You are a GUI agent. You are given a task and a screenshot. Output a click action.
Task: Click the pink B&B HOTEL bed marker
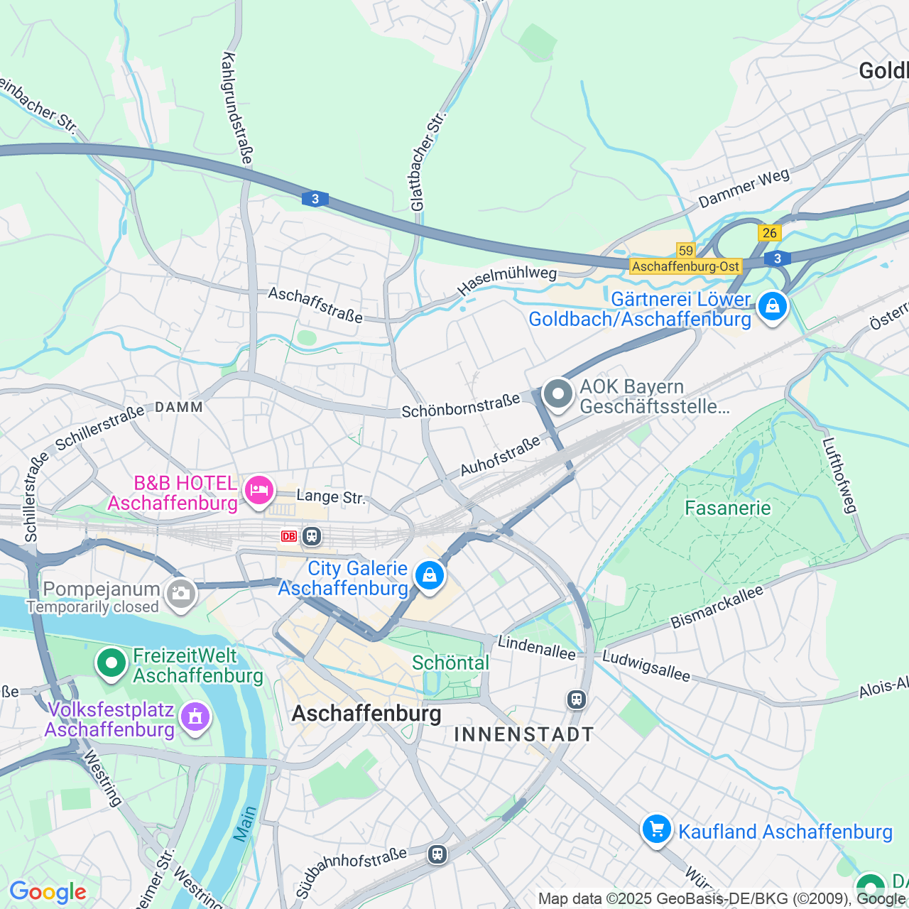click(x=259, y=490)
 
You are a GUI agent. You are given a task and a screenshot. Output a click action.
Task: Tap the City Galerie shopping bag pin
click(x=429, y=575)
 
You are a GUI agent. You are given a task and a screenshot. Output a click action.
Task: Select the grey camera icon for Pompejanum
click(x=180, y=594)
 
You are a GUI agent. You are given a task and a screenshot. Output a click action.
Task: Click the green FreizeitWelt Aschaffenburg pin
click(x=111, y=663)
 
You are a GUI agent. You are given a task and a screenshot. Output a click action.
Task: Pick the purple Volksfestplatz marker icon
click(x=195, y=717)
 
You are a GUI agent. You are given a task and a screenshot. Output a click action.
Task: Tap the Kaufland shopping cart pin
click(x=656, y=829)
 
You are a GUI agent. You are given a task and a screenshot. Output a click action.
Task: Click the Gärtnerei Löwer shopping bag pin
click(x=772, y=307)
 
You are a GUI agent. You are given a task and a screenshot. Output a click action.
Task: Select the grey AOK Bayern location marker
click(x=558, y=394)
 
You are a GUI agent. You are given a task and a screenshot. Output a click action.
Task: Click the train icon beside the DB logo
click(x=312, y=536)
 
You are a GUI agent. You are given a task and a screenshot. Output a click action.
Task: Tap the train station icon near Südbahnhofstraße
click(x=437, y=854)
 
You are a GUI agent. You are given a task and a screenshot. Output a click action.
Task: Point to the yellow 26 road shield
click(x=769, y=233)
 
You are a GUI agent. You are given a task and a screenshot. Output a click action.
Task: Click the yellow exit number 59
click(x=685, y=250)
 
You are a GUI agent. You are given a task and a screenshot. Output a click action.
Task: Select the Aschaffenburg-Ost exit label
click(x=685, y=266)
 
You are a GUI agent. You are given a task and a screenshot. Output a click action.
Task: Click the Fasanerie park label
click(x=727, y=508)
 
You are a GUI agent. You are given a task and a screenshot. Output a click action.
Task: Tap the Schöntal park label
click(x=450, y=663)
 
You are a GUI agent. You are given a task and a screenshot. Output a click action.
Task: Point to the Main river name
click(x=245, y=824)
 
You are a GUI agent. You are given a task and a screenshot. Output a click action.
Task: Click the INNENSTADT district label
click(x=523, y=734)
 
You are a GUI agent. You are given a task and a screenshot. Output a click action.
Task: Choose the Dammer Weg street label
click(x=744, y=187)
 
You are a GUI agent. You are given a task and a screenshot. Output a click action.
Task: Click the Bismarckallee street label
click(x=717, y=606)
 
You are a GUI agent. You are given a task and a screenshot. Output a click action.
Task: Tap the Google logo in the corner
click(x=48, y=892)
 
